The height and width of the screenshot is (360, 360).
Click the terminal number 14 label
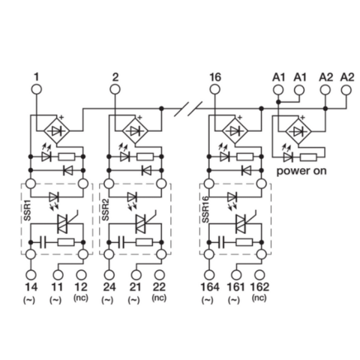click(x=32, y=286)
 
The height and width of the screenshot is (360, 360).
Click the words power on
click(x=303, y=171)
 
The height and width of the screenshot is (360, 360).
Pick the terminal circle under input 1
click(x=34, y=91)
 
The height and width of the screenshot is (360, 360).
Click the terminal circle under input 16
click(x=214, y=91)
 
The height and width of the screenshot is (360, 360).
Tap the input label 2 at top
click(x=115, y=76)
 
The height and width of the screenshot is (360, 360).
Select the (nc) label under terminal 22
click(x=158, y=298)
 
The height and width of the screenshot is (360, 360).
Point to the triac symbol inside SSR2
click(x=140, y=223)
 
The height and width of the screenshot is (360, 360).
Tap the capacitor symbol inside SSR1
click(x=43, y=243)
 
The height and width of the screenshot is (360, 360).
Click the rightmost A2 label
click(x=346, y=76)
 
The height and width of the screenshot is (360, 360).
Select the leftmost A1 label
click(x=277, y=76)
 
